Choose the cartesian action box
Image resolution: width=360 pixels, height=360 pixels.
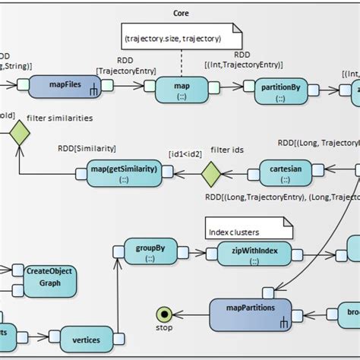click(x=286, y=172)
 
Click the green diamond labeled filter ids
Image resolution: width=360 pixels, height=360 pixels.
click(x=210, y=175)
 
